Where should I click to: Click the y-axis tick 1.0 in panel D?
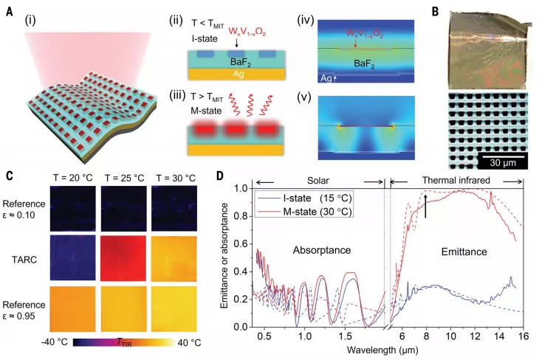(x=238, y=189)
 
